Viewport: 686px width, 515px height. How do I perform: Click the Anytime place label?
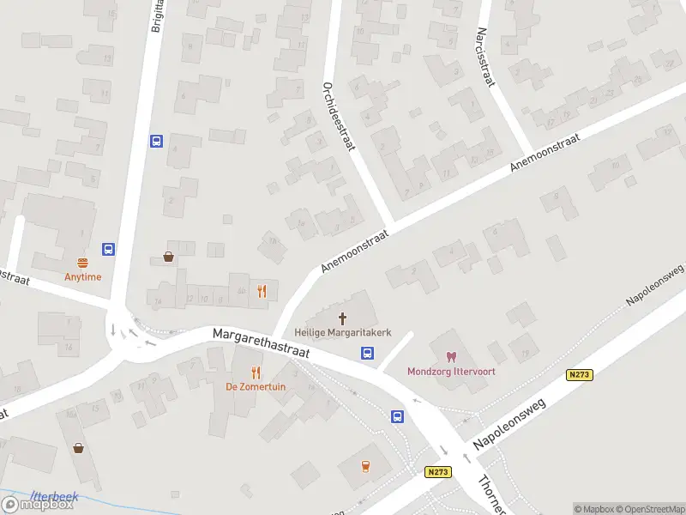coord(82,276)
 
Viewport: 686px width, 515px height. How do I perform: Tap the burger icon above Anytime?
coord(83,263)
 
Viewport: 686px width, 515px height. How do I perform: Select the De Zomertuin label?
coord(256,386)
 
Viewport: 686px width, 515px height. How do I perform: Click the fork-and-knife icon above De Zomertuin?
coord(256,372)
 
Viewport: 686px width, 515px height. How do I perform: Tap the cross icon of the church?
coord(344,318)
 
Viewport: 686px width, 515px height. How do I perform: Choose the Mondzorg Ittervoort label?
coord(450,371)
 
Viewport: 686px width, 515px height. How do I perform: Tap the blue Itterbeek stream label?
coord(54,496)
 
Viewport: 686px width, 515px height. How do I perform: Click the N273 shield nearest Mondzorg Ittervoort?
coord(580,375)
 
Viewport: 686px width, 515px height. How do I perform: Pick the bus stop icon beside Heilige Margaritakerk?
coord(367,352)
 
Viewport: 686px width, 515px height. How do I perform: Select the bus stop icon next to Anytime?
coord(109,249)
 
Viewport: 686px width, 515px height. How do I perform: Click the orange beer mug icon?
coord(367,466)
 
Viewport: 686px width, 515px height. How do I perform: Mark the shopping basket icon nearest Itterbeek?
coord(79,447)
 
